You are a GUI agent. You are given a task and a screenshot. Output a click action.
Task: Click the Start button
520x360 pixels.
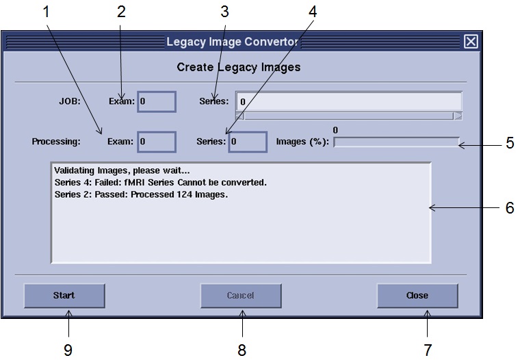(x=64, y=296)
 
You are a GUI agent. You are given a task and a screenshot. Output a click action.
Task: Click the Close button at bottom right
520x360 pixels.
(x=417, y=296)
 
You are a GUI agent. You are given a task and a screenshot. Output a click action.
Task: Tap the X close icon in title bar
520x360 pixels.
(x=471, y=42)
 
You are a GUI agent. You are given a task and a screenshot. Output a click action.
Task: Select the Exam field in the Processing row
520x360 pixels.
(x=157, y=142)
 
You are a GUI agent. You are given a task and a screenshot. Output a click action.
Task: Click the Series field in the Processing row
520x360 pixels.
(x=247, y=142)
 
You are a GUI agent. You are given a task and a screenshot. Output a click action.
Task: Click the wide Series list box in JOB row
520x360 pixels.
(x=348, y=101)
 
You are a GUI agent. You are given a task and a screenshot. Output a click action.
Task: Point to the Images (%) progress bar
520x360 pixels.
(x=396, y=142)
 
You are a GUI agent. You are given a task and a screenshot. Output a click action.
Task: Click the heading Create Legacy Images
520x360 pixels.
(x=239, y=67)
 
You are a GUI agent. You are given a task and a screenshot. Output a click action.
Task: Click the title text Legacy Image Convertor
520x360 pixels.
(x=233, y=42)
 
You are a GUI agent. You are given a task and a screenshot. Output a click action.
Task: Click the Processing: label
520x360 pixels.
(x=56, y=142)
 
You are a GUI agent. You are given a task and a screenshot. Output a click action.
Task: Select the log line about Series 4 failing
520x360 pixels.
(x=160, y=183)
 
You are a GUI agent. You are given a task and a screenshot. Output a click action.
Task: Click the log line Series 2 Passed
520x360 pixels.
(x=140, y=194)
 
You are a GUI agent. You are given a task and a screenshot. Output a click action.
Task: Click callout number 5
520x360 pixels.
(x=510, y=144)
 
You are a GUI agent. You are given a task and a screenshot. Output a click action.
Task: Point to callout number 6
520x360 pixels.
(x=510, y=208)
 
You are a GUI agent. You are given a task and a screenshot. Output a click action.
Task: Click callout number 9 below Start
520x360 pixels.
(x=68, y=350)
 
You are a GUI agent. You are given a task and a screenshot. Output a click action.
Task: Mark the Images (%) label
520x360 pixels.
(x=302, y=142)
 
